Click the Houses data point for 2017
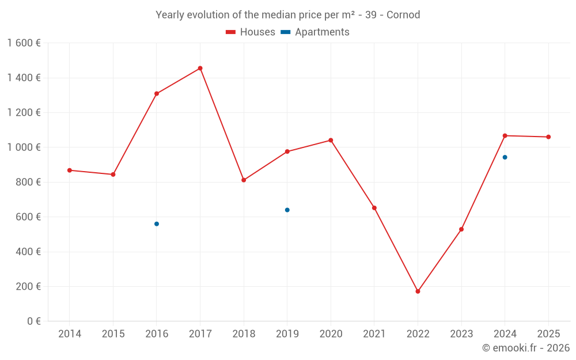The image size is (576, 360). tap(200, 68)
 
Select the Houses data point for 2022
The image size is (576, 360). tap(418, 291)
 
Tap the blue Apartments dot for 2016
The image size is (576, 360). tap(157, 223)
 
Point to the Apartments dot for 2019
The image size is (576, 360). tap(287, 210)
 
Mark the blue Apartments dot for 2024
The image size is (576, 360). tap(505, 157)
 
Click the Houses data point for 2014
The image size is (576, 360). tap(70, 170)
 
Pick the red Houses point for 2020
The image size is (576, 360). tap(331, 140)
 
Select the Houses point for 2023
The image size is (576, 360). tap(461, 229)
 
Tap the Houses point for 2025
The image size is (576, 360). tap(548, 137)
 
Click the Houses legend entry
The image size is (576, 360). tap(251, 32)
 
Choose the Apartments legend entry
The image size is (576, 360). tap(315, 32)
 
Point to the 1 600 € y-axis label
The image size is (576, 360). tap(24, 43)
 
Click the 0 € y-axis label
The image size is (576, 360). tap(33, 321)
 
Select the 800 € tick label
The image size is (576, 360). tap(28, 182)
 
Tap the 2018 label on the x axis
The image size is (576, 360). tap(244, 334)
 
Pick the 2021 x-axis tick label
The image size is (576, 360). tap(374, 334)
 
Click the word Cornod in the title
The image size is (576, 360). tap(403, 15)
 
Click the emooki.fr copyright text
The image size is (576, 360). tap(525, 348)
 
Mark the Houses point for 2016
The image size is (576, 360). tap(157, 93)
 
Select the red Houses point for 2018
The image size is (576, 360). tap(244, 180)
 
